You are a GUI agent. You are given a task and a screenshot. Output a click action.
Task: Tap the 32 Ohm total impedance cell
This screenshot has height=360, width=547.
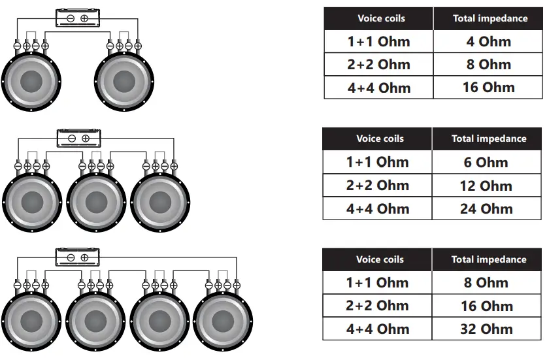(x=486, y=329)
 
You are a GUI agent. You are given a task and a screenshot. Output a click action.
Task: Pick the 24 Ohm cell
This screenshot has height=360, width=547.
(x=486, y=209)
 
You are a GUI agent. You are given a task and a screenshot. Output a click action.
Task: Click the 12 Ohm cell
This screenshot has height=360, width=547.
(x=486, y=186)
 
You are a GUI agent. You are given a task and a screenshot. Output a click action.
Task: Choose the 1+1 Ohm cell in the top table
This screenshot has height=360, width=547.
(x=378, y=42)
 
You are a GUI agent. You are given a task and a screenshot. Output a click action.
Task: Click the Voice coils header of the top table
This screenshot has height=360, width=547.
(x=379, y=18)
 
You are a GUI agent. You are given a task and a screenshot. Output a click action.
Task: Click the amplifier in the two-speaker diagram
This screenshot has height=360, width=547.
(x=77, y=18)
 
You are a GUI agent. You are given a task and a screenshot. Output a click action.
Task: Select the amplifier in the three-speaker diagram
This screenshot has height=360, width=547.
(x=77, y=138)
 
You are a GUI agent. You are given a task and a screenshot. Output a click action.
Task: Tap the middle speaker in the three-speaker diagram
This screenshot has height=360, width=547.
(x=96, y=202)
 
